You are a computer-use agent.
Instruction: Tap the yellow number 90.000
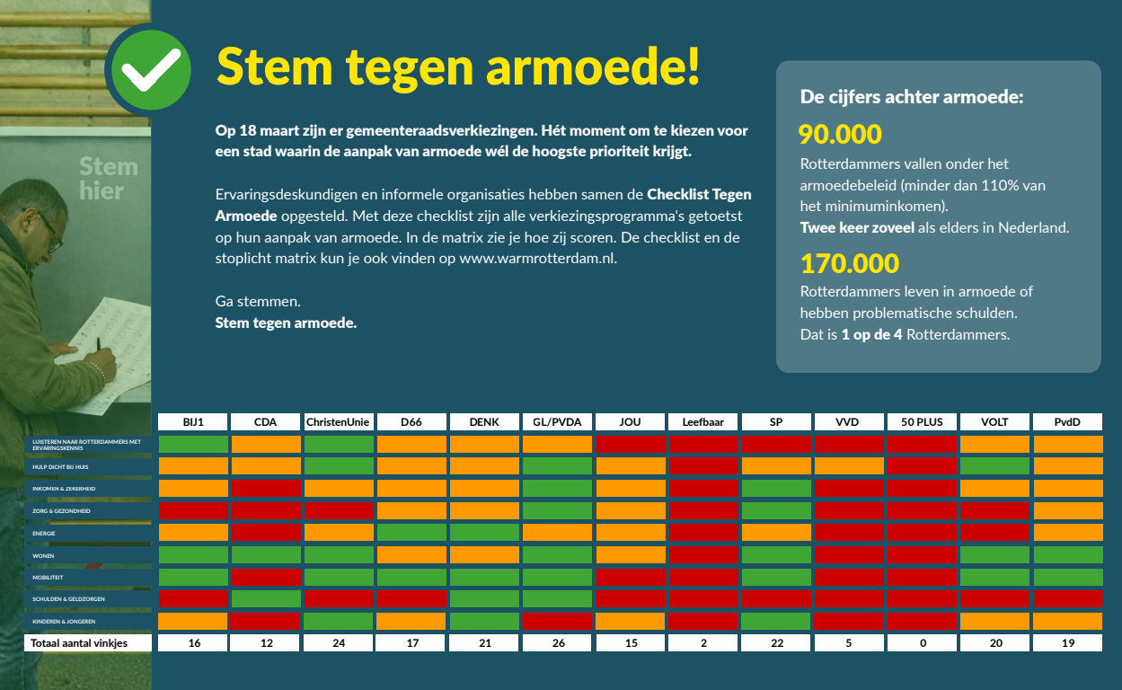tap(840, 135)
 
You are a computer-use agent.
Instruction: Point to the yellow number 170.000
tap(849, 263)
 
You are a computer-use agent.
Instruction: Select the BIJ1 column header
tap(193, 421)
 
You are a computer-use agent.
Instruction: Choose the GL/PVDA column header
tap(557, 421)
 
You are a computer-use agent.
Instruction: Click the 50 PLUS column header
tap(922, 421)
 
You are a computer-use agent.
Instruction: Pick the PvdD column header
tap(1067, 421)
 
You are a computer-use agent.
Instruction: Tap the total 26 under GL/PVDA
tap(557, 643)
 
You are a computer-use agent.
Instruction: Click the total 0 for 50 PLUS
tap(922, 643)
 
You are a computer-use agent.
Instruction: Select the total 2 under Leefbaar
tap(703, 643)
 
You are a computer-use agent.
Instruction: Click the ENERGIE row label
tap(45, 533)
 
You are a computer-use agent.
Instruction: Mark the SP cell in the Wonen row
tap(776, 554)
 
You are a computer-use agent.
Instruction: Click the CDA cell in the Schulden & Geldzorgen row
tap(266, 598)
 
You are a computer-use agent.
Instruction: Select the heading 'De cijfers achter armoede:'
tap(912, 96)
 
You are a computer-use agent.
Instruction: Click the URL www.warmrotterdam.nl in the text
tap(536, 259)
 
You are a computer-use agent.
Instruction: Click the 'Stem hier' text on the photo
tap(108, 179)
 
